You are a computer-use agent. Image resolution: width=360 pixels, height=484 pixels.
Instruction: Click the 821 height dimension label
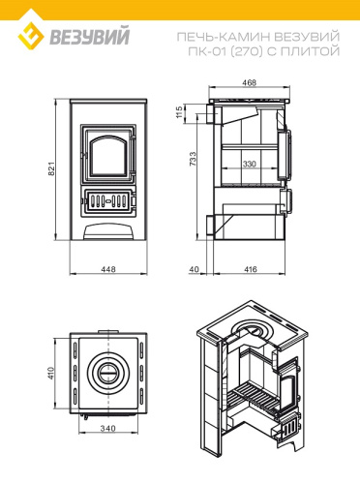52,168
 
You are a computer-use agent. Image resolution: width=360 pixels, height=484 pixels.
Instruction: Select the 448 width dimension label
108,269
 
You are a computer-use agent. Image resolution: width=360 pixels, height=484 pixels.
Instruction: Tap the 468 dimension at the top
250,83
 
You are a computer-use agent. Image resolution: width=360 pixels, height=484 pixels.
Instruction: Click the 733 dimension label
193,159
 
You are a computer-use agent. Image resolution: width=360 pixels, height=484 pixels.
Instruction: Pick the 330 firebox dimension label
249,164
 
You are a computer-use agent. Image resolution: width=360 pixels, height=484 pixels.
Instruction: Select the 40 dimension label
195,269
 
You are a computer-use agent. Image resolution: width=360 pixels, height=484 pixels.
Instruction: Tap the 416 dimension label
251,269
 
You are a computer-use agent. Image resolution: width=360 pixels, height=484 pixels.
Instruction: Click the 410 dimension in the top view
51,373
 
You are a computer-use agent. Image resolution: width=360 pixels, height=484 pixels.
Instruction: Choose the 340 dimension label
107,429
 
